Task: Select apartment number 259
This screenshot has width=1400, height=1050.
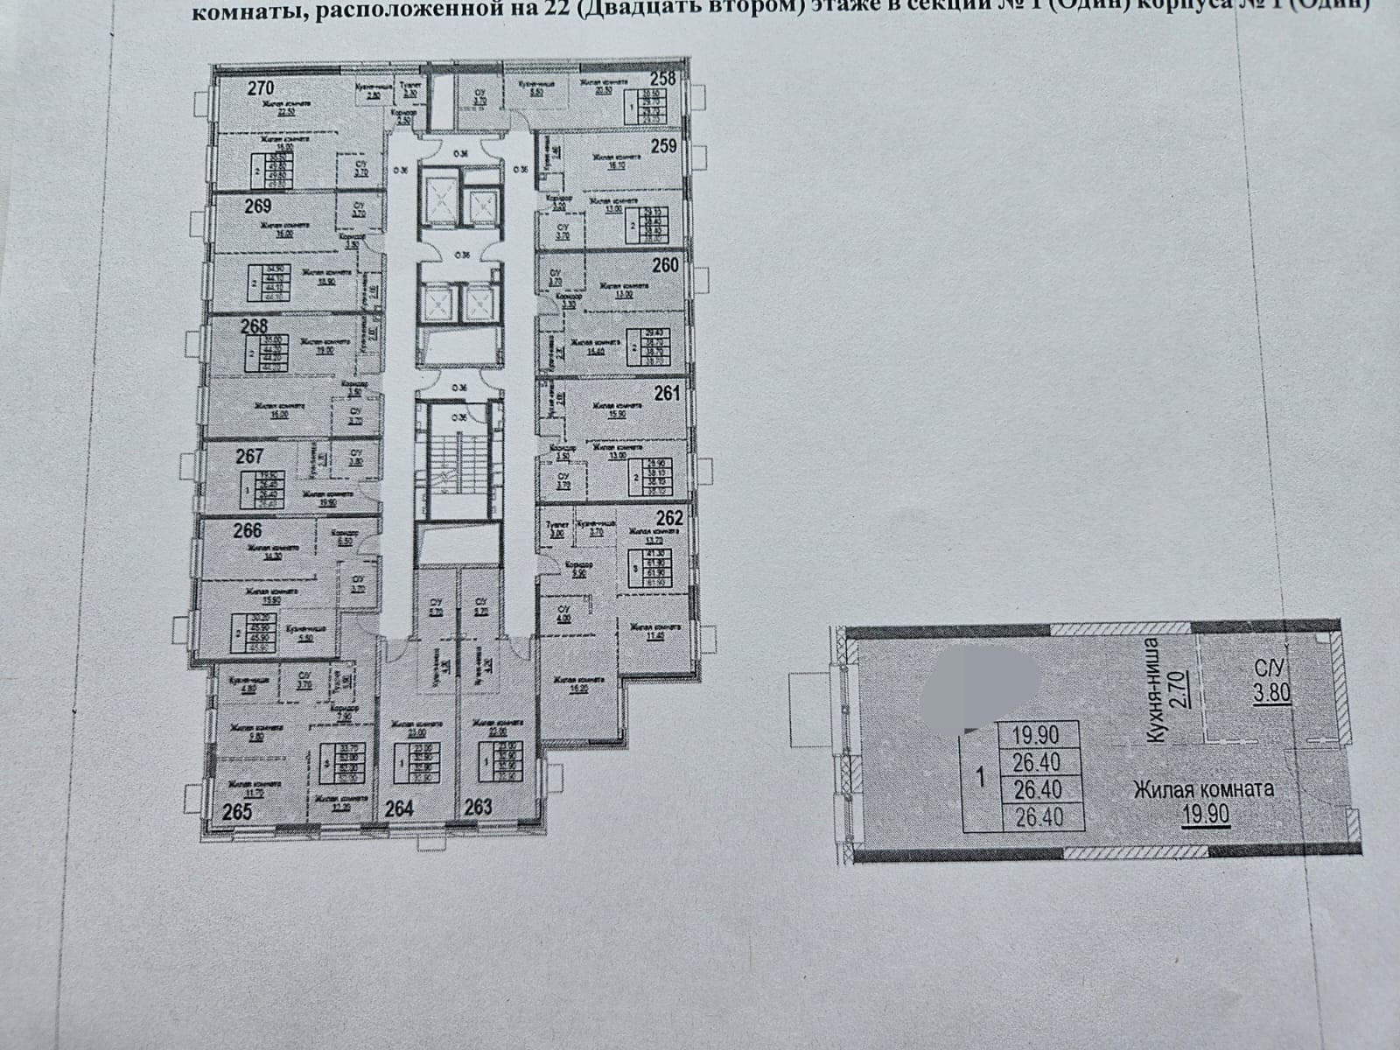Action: pyautogui.click(x=664, y=147)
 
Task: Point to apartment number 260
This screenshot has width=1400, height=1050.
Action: pyautogui.click(x=665, y=265)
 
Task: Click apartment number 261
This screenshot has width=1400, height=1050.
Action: pyautogui.click(x=667, y=394)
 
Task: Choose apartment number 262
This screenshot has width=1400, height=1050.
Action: pyautogui.click(x=668, y=518)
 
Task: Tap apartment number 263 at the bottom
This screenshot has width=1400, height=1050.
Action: pyautogui.click(x=478, y=808)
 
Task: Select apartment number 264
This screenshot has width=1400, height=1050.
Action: pyautogui.click(x=399, y=808)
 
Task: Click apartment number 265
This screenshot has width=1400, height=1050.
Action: pyautogui.click(x=237, y=812)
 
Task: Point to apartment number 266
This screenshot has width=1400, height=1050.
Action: pyautogui.click(x=248, y=530)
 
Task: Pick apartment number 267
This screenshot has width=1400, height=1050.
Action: pyautogui.click(x=248, y=456)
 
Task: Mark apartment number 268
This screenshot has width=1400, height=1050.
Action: pyautogui.click(x=255, y=325)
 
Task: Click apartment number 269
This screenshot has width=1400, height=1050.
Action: pyautogui.click(x=257, y=206)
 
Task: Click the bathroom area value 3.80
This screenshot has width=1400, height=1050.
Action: pyautogui.click(x=1272, y=696)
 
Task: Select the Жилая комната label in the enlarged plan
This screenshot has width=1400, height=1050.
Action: pyautogui.click(x=1204, y=789)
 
